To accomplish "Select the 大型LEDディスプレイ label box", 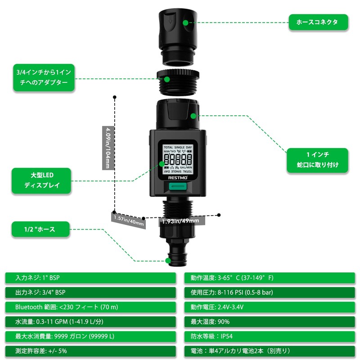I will pos(41,180).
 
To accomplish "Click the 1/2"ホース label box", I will pos(40,229).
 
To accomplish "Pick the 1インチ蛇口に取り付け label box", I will pos(318,160).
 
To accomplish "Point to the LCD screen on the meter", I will pos(177,159).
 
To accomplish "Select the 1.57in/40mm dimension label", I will pos(129,220).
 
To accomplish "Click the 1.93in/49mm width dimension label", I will pos(180,220).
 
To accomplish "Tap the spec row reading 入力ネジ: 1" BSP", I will pos(90,278).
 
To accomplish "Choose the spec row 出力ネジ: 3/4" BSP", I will pos(90,292).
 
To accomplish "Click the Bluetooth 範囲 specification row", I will pos(90,307).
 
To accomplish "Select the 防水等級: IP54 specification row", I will pos(270,336).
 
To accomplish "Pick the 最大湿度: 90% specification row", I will pos(270,321).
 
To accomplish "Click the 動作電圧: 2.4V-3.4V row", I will pos(270,307).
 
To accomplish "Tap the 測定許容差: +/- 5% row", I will pos(90,350).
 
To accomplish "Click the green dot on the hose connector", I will pos(187,21).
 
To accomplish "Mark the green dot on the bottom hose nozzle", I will pos(168,261).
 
